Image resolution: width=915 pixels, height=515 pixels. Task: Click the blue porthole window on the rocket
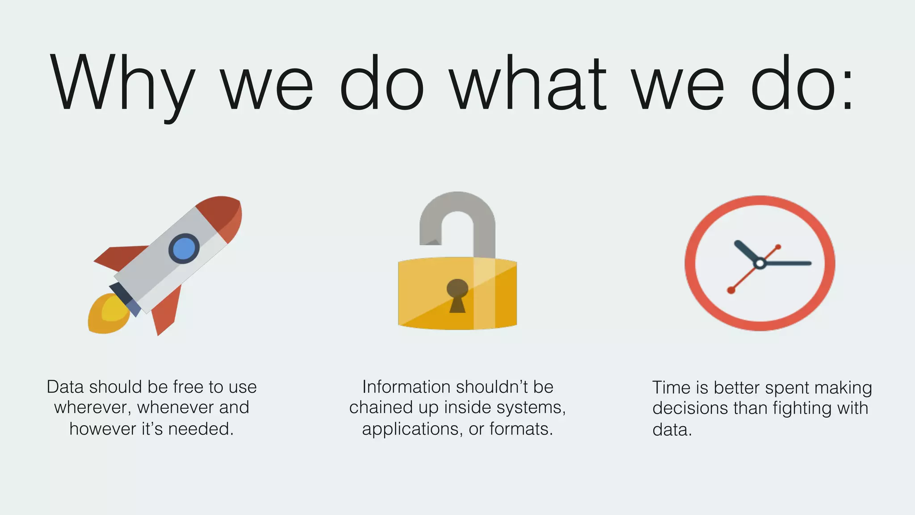click(184, 249)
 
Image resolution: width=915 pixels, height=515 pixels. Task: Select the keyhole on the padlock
click(457, 295)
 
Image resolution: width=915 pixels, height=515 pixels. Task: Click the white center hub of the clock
click(760, 263)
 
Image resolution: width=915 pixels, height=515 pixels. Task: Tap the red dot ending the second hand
click(731, 291)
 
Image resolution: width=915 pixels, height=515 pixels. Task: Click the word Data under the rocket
click(65, 387)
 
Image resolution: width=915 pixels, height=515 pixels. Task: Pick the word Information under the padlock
click(406, 387)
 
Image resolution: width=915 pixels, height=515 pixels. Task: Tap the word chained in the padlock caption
click(381, 407)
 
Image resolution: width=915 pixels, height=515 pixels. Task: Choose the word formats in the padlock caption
click(521, 429)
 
